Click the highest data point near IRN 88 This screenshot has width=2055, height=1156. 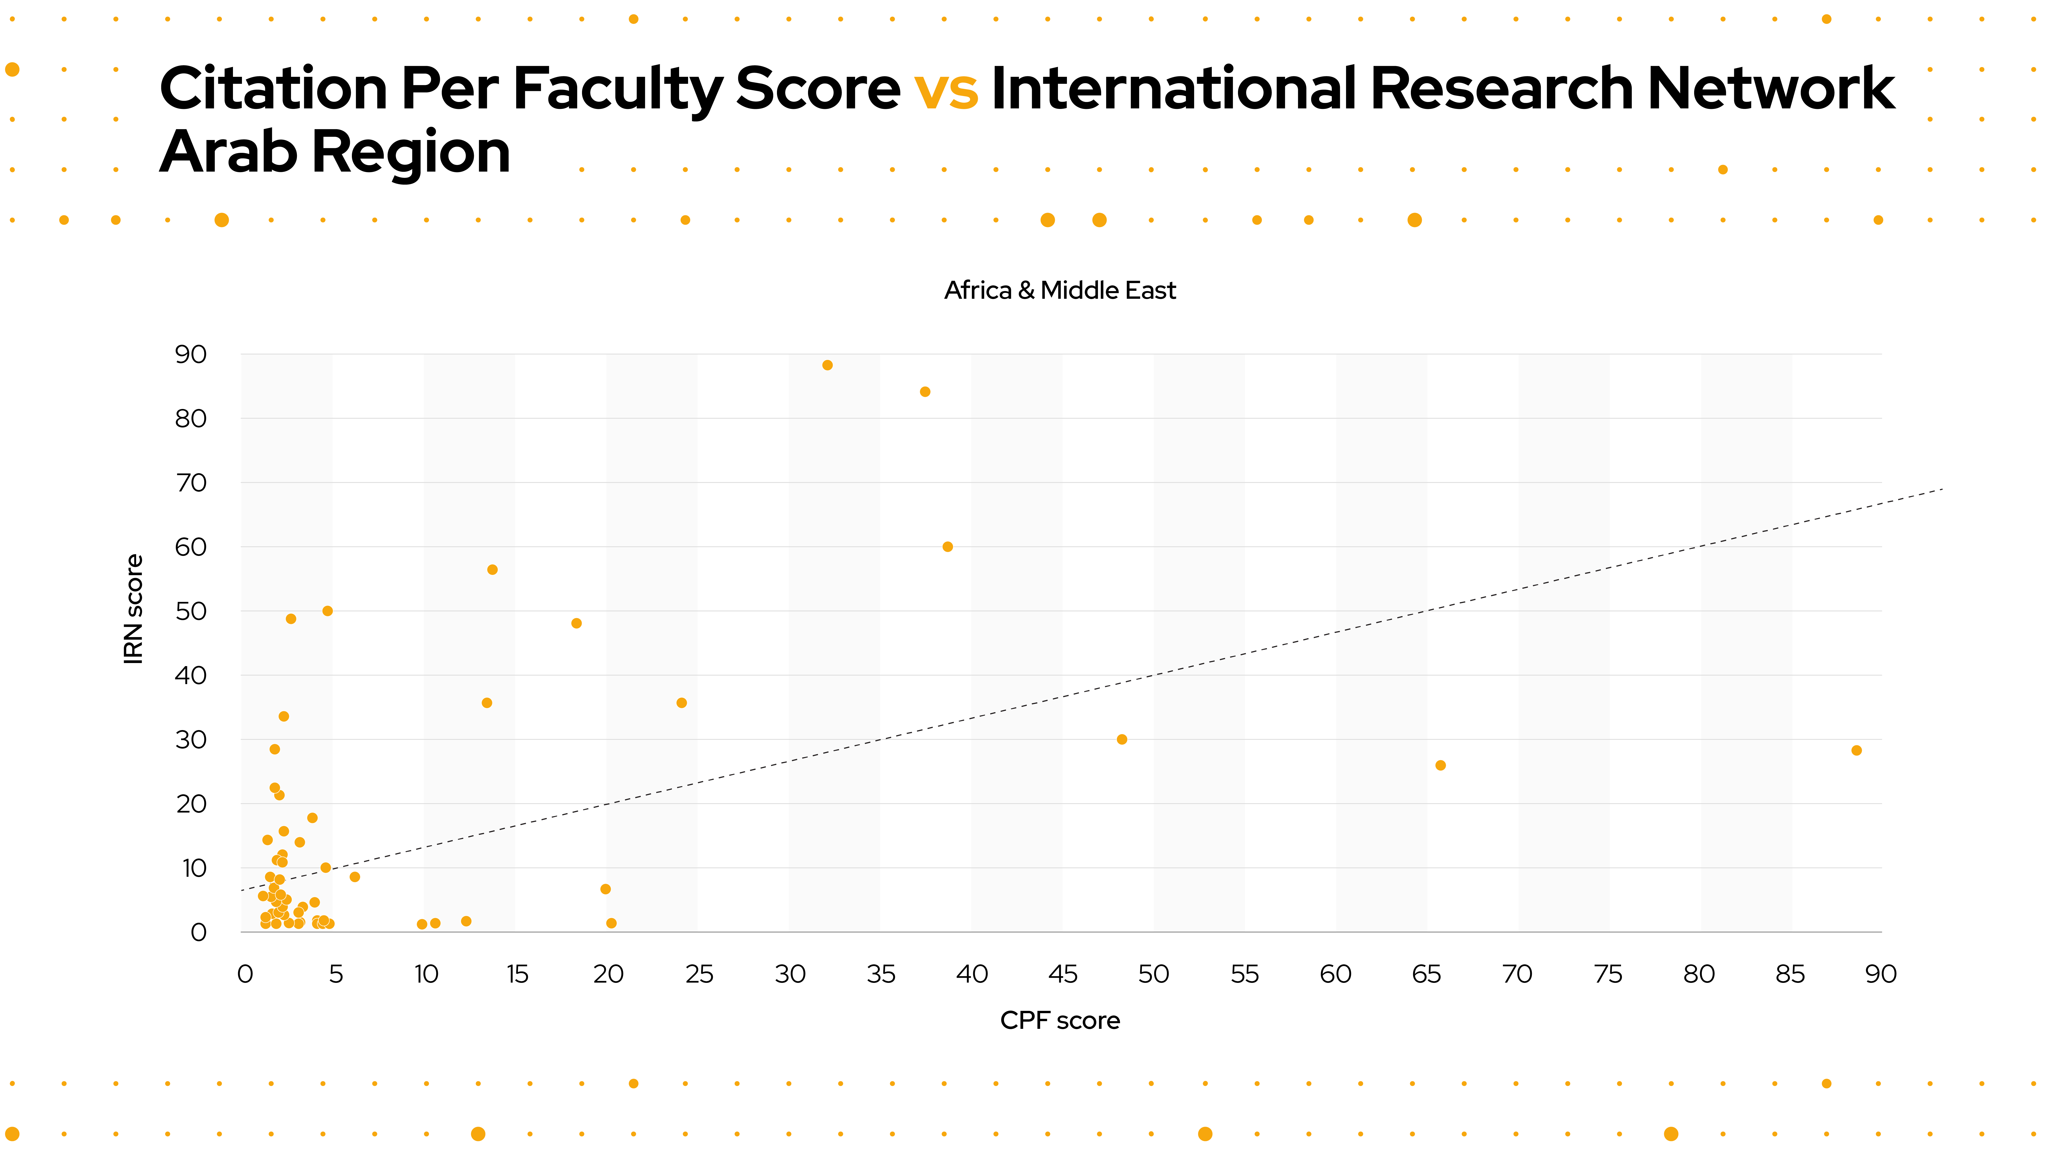tap(827, 365)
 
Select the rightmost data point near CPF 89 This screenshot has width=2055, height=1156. tap(1856, 751)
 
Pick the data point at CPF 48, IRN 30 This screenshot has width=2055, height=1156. tap(1122, 740)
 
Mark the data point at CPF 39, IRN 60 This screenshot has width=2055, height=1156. tap(948, 547)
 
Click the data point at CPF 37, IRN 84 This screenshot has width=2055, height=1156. tap(925, 392)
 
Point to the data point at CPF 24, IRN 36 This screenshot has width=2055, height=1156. tap(681, 703)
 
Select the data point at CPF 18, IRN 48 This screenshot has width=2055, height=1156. tap(577, 624)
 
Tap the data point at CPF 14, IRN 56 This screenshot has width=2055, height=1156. tap(492, 570)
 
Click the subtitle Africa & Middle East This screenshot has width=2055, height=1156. tap(1060, 290)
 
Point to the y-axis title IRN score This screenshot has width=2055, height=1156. tap(133, 610)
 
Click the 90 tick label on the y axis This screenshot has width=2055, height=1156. tap(191, 355)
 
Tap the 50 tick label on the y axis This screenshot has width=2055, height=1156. tap(191, 612)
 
